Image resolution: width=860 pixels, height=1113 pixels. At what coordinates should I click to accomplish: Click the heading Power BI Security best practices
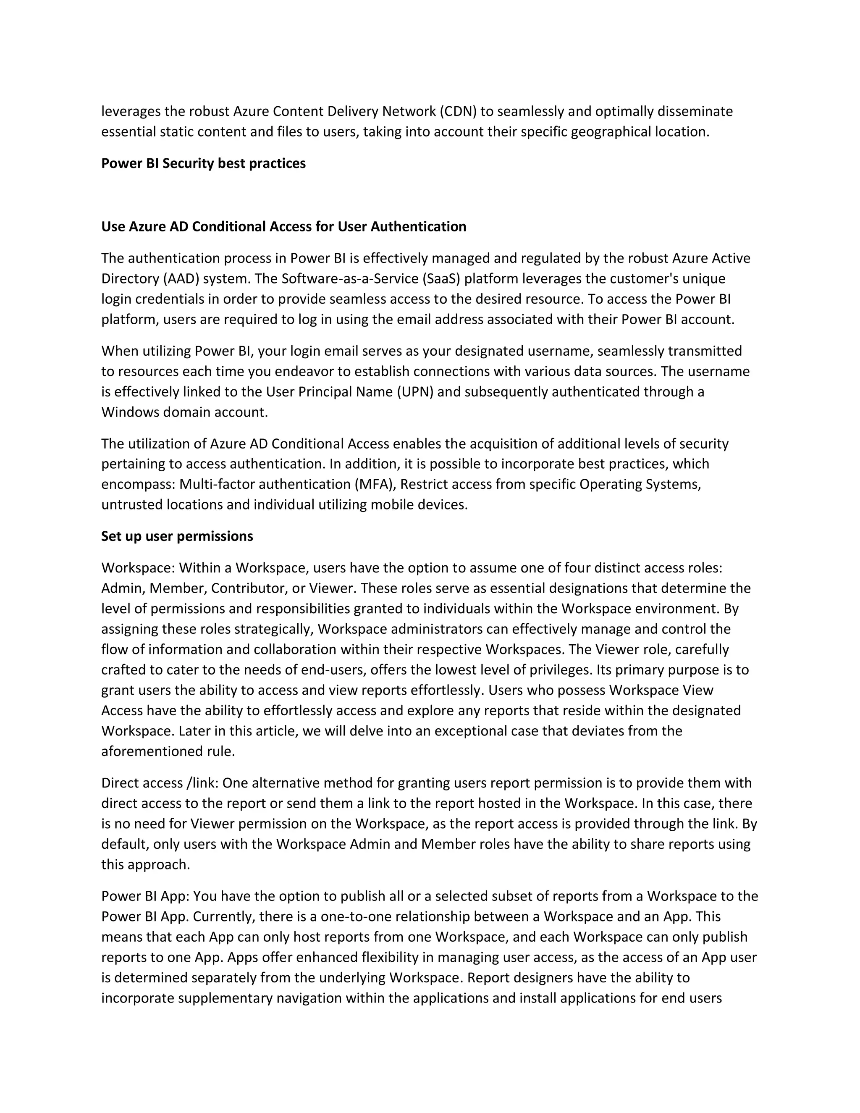(x=203, y=163)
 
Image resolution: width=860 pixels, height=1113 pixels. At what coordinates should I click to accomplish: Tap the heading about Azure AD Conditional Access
(x=283, y=227)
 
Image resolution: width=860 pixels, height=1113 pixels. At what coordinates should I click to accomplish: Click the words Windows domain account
(x=184, y=412)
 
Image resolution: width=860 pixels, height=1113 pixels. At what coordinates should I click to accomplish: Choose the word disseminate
(x=695, y=112)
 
